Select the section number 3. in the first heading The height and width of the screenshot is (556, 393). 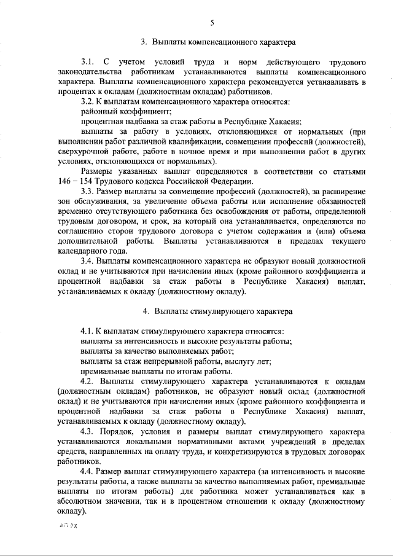coord(144,42)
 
